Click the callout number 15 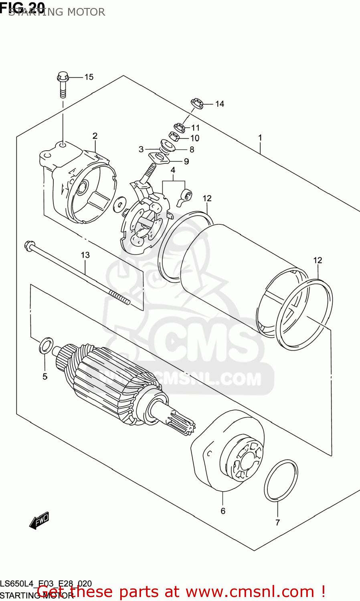(x=89, y=77)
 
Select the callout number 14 (x=219, y=104)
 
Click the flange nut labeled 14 (x=196, y=103)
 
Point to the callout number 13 (x=85, y=255)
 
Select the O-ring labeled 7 (x=281, y=480)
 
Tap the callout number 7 (x=277, y=522)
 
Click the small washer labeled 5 (x=46, y=345)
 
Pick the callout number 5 (x=45, y=376)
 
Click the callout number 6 (x=223, y=511)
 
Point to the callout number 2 (x=95, y=136)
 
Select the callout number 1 (x=260, y=138)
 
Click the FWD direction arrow (x=39, y=520)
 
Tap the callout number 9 (x=186, y=161)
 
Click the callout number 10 (x=195, y=138)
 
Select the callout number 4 (x=173, y=170)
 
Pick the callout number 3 (x=141, y=149)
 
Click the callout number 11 (x=195, y=128)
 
